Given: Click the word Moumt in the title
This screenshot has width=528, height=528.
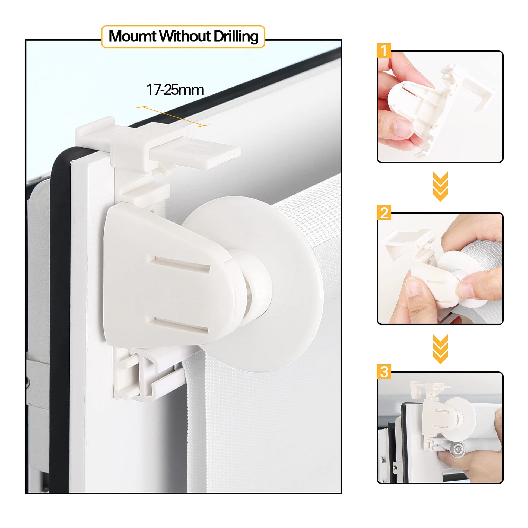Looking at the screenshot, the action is (x=133, y=36).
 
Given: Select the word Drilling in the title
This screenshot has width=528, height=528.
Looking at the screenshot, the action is (x=236, y=37).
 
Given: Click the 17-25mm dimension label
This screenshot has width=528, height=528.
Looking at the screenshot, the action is (x=175, y=90).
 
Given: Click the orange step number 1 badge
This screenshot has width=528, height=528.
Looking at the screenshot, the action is (x=384, y=50).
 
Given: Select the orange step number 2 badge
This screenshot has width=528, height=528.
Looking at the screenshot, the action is (x=384, y=212).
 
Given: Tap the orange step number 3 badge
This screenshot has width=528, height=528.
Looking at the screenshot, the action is (x=384, y=372).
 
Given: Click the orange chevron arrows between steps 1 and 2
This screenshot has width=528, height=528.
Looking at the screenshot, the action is (x=440, y=187).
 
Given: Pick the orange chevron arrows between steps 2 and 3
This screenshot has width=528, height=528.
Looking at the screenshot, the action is (x=440, y=349).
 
